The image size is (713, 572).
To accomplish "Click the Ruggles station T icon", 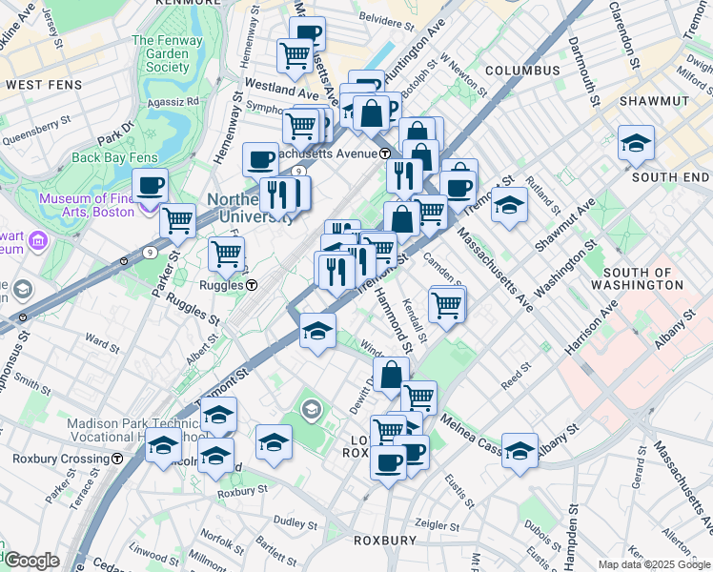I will coord(252,285).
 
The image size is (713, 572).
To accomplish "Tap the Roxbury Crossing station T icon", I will coord(117,459).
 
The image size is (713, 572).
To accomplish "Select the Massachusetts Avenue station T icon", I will coord(385,153).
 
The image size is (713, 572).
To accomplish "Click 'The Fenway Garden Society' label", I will coord(161,53).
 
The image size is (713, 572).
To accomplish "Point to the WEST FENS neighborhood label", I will coord(40,85).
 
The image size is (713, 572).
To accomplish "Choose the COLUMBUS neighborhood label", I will coord(521,71).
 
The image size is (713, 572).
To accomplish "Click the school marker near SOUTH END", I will coord(636,144).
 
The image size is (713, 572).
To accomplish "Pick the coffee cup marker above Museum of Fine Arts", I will coord(149,185).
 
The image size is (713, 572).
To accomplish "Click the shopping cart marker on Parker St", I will coord(177,221).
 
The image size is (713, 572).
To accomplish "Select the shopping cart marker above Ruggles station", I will coord(227,254).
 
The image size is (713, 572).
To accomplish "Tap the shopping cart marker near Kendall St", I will coord(446,304).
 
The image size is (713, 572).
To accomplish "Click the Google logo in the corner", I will coord(31,561).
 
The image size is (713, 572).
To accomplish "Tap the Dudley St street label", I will coord(295,523).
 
